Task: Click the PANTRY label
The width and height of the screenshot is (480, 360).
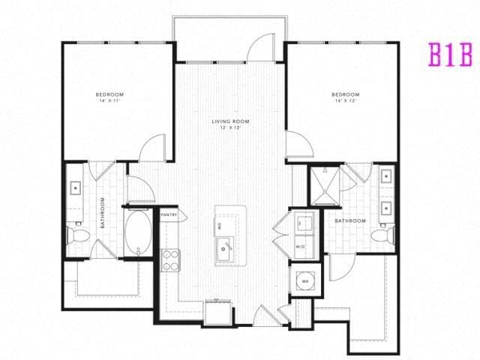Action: [168, 214]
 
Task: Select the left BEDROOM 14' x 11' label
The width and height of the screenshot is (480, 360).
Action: [109, 97]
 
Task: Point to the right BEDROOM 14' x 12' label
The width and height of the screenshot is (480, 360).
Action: [345, 97]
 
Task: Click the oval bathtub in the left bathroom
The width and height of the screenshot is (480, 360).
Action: [137, 232]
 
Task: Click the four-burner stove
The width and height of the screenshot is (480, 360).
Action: [171, 259]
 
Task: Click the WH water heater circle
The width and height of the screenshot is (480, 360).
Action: [306, 281]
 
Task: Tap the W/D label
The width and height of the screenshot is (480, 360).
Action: [301, 246]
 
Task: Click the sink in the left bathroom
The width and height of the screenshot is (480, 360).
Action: [76, 187]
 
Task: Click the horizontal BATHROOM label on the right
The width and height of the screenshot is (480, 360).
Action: [350, 220]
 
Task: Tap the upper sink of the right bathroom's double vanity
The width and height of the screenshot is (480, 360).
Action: [385, 178]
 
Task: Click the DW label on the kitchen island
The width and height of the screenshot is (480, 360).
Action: [220, 225]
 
